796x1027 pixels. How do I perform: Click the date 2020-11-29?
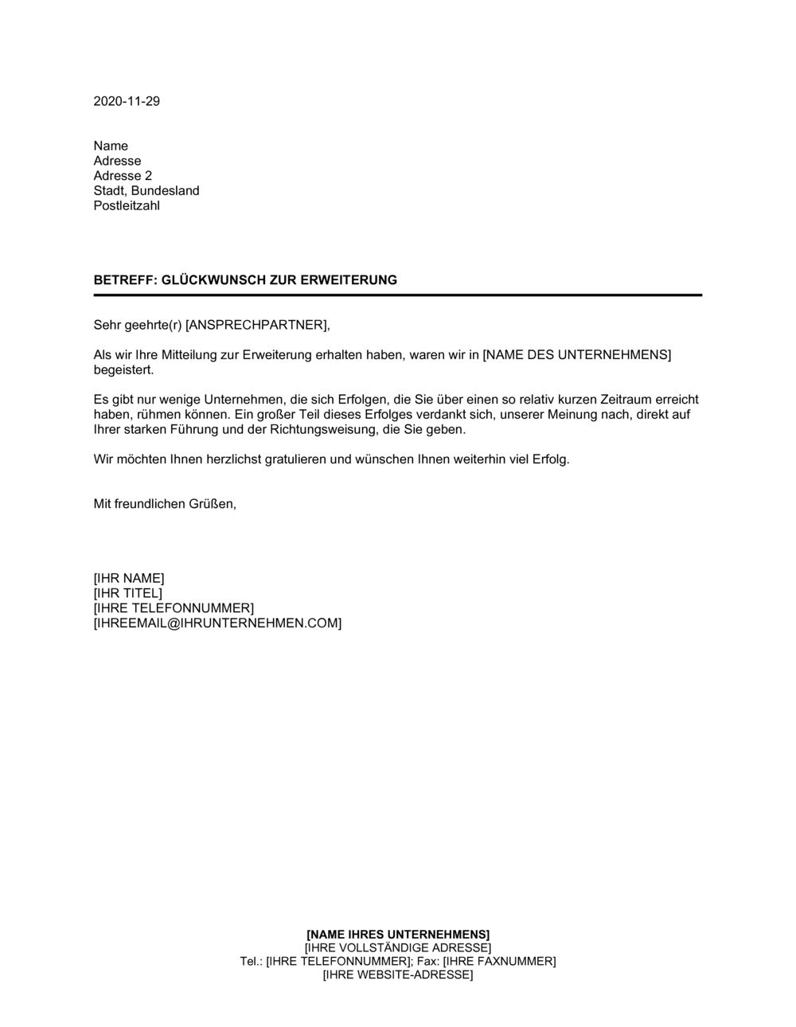pyautogui.click(x=127, y=101)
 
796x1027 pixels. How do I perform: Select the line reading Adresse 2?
pyautogui.click(x=123, y=176)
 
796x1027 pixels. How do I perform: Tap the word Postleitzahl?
pyautogui.click(x=127, y=205)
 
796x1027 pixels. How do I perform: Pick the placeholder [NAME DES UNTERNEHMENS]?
pyautogui.click(x=576, y=355)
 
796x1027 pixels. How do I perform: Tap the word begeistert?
pyautogui.click(x=123, y=370)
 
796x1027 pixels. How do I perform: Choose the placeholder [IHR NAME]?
pyautogui.click(x=129, y=578)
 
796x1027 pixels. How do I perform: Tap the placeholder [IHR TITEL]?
pyautogui.click(x=127, y=593)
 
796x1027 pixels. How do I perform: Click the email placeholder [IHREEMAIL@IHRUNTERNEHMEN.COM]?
pyautogui.click(x=217, y=623)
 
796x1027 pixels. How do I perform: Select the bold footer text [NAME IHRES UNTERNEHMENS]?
pyautogui.click(x=398, y=934)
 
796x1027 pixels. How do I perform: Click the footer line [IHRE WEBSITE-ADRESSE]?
pyautogui.click(x=398, y=975)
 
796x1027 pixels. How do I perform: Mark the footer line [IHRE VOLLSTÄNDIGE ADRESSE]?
pyautogui.click(x=398, y=948)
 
